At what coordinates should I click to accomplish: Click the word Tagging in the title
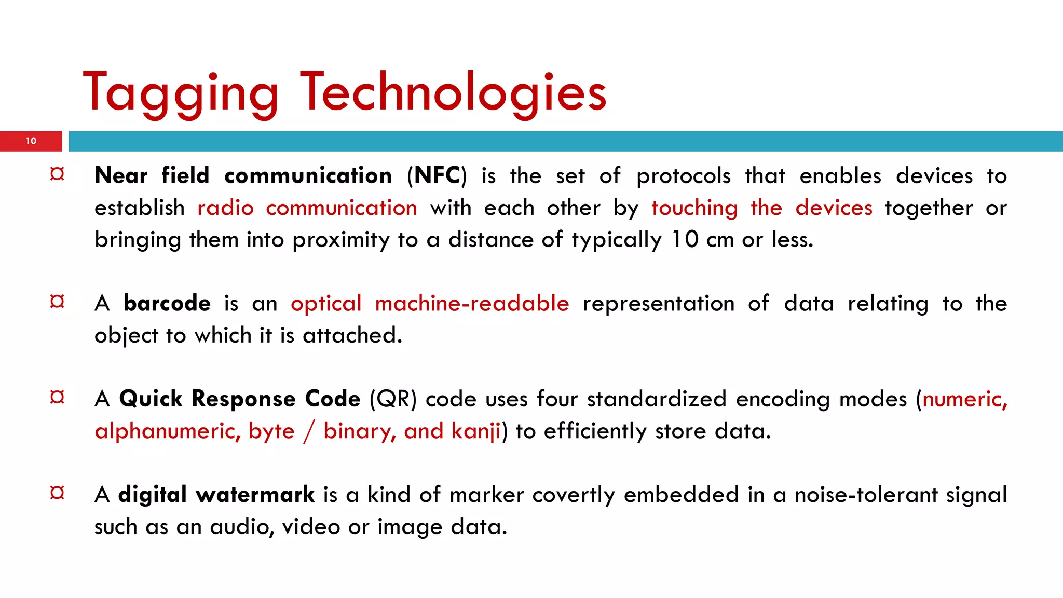click(x=181, y=93)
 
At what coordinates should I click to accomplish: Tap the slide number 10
click(x=31, y=141)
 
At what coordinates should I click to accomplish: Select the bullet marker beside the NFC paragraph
click(x=57, y=174)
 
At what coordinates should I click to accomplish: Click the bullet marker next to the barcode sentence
click(x=57, y=301)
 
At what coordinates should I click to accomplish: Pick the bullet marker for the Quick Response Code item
click(x=57, y=397)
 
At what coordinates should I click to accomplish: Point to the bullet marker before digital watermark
click(x=57, y=492)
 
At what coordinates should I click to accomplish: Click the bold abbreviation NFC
click(x=437, y=175)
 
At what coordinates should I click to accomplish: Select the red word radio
click(x=225, y=208)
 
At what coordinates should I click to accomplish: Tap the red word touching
click(x=694, y=208)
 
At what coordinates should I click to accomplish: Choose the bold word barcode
click(x=167, y=303)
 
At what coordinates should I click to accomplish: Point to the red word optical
click(x=326, y=304)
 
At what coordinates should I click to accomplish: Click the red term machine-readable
click(x=472, y=303)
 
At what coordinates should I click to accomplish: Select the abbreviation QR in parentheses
click(x=393, y=399)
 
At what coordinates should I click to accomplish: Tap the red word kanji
click(x=476, y=431)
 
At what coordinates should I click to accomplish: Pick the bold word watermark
click(x=255, y=494)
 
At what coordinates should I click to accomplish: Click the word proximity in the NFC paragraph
click(x=340, y=240)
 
